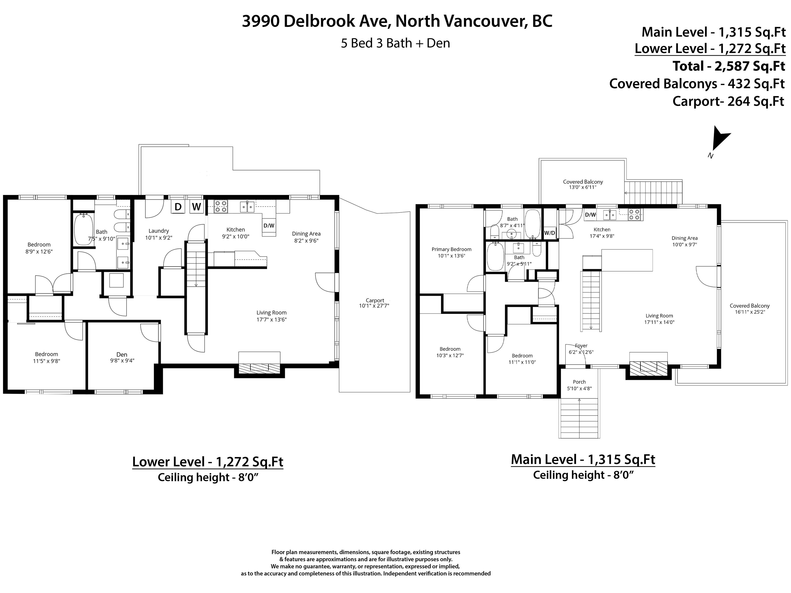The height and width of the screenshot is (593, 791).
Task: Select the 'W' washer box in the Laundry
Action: coord(196,207)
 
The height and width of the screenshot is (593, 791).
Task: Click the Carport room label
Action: coord(375,300)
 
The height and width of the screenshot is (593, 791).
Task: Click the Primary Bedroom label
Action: coord(451,249)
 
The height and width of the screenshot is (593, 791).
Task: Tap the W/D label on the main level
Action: coord(550,233)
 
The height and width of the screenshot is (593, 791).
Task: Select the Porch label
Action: coord(579,382)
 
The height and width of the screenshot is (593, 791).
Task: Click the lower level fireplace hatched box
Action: coord(259,368)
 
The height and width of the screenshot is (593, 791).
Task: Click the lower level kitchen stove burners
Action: coord(221,207)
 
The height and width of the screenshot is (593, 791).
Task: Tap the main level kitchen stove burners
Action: coord(634,214)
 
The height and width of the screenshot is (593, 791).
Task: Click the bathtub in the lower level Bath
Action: coord(84,229)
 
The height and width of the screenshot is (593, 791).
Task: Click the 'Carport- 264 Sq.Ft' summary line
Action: coord(728,101)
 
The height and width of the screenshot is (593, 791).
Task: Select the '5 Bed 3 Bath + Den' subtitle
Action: coord(395,43)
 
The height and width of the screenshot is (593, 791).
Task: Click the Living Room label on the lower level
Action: coord(271,312)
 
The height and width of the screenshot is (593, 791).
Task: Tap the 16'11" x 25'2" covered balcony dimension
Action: coord(750,312)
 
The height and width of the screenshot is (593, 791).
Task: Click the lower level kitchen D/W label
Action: coord(269,225)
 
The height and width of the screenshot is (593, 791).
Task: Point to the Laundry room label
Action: coord(159,231)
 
